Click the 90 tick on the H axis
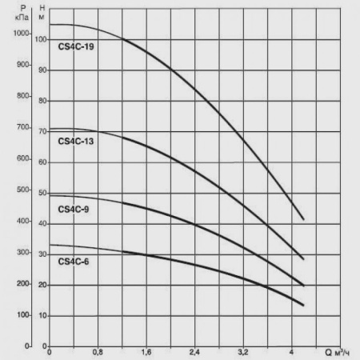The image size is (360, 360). click(42, 70)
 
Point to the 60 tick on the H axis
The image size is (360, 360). click(42, 162)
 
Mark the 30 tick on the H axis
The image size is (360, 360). click(42, 254)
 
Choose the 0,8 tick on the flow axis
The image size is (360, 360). click(98, 352)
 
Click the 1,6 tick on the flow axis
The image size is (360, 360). click(146, 352)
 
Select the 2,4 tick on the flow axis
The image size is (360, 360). click(195, 352)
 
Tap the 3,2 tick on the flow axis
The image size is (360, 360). click(243, 352)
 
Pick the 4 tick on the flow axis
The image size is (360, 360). click(291, 352)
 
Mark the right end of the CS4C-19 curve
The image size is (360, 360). click(303, 218)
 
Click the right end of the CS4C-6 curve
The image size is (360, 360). click(303, 305)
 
